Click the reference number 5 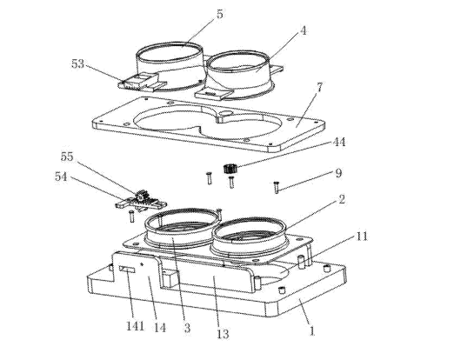219,14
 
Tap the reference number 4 303,30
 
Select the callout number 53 77,63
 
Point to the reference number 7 319,88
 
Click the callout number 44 338,142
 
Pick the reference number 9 338,173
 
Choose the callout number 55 67,157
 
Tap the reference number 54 61,177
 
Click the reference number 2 342,199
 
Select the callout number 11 362,237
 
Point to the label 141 136,326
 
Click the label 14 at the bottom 160,328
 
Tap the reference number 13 223,334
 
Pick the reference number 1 312,331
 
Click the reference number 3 187,328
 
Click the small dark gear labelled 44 229,169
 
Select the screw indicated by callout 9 276,187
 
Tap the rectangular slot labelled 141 127,270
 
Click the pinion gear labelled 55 140,197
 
